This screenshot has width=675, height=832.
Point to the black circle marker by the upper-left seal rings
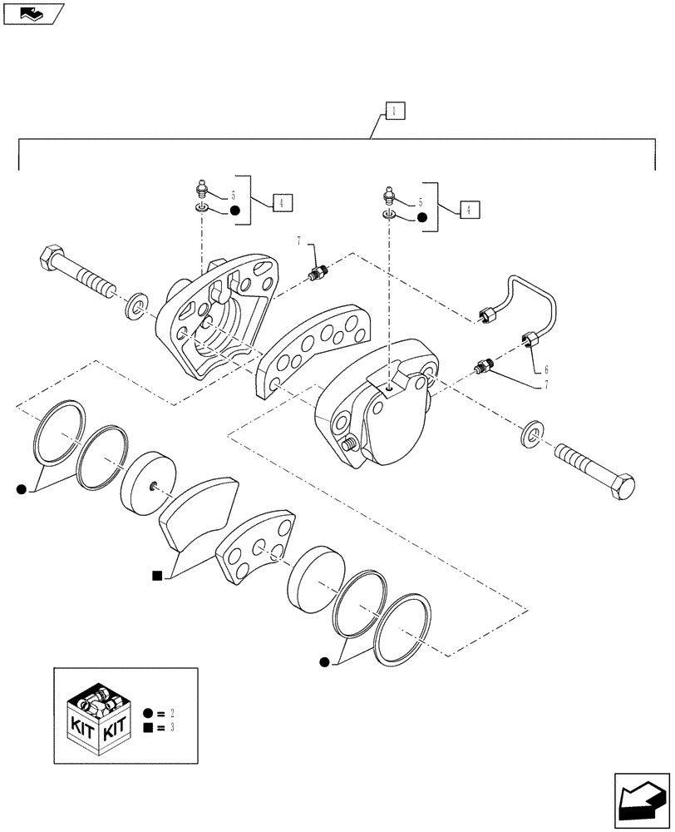pyautogui.click(x=21, y=490)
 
